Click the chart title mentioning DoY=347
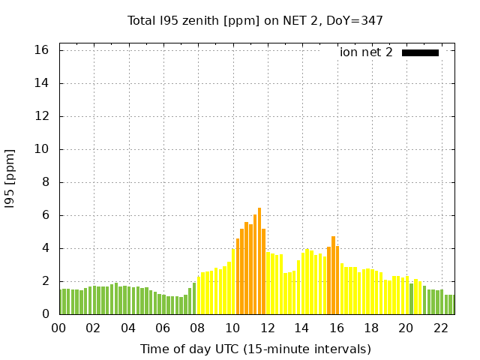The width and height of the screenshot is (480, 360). [x=255, y=20]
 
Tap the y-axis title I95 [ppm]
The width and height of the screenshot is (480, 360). [x=10, y=178]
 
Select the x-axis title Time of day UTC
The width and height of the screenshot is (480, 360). [x=255, y=349]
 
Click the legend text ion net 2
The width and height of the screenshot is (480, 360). [x=366, y=52]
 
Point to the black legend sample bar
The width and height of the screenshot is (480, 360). [x=420, y=52]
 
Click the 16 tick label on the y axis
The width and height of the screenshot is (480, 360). [x=42, y=50]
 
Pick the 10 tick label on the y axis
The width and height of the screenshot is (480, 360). [x=42, y=149]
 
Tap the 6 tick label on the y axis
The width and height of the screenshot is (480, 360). [x=45, y=215]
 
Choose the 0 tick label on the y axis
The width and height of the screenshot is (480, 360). [x=45, y=314]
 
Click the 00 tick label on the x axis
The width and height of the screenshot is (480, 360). [x=58, y=328]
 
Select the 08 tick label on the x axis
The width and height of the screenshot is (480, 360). [x=197, y=328]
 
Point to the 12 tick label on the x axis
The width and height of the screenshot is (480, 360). [x=267, y=328]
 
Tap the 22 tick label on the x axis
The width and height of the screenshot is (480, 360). [x=440, y=328]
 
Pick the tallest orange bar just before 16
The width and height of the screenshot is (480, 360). [x=333, y=275]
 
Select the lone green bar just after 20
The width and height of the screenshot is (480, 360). [x=411, y=298]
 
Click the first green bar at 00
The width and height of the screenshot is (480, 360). [x=61, y=301]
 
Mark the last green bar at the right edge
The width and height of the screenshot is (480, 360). [x=451, y=304]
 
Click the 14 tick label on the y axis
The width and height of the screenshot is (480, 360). [x=42, y=83]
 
